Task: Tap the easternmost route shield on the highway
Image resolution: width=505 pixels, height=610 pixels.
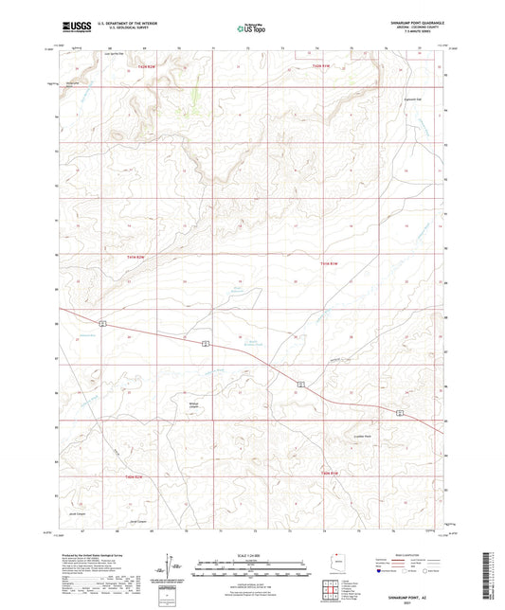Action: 401,413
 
